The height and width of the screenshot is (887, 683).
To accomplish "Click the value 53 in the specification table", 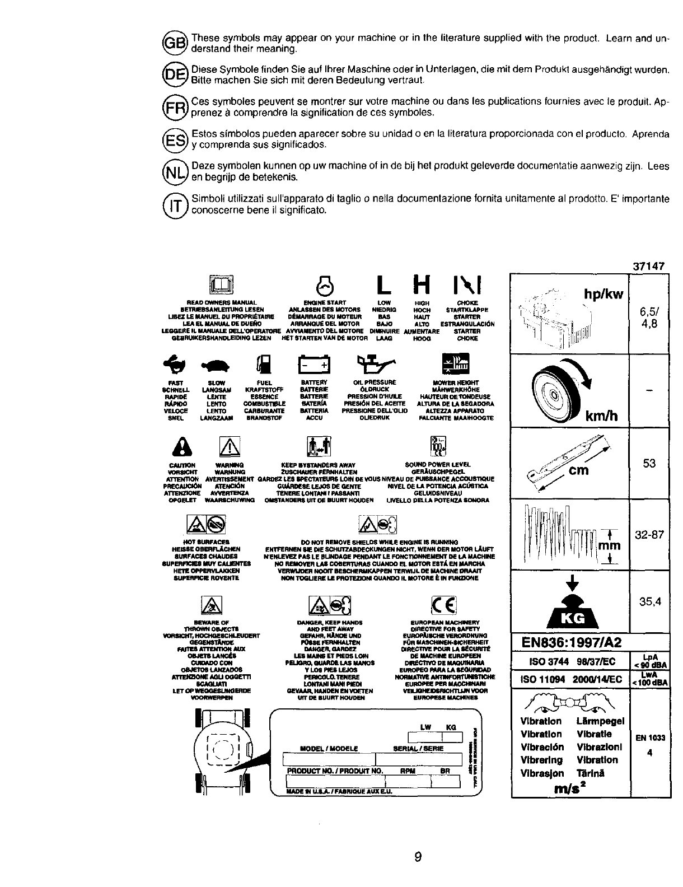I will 649,464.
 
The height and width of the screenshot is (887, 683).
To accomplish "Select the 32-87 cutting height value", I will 649,535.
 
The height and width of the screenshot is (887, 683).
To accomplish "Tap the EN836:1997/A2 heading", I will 569,642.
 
